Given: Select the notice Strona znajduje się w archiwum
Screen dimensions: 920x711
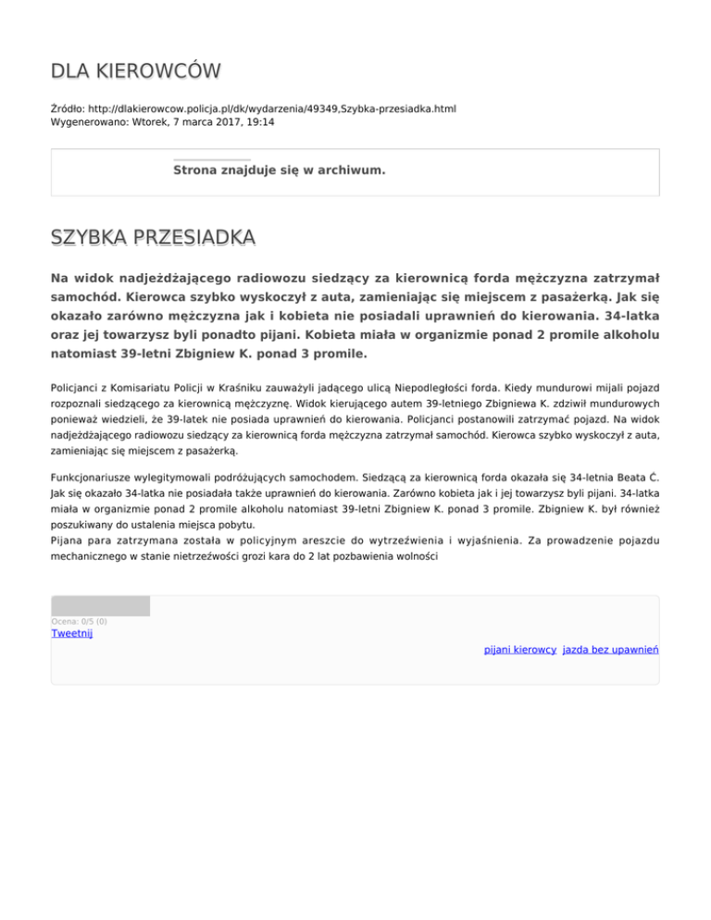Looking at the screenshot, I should pos(280,170).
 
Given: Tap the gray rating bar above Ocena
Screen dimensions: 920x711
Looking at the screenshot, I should pos(100,606).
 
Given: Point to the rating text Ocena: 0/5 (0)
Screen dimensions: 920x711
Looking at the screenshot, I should pos(80,621).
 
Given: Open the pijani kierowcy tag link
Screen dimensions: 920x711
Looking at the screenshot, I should pos(518,651).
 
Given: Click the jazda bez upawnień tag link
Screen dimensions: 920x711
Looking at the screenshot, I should pos(610,651).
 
